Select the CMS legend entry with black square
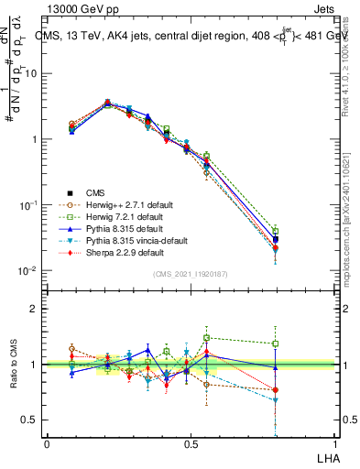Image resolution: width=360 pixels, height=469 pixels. coord(95,191)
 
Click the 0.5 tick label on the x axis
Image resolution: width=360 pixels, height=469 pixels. coord(191,443)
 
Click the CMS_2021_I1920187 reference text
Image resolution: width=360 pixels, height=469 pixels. coord(191,274)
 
